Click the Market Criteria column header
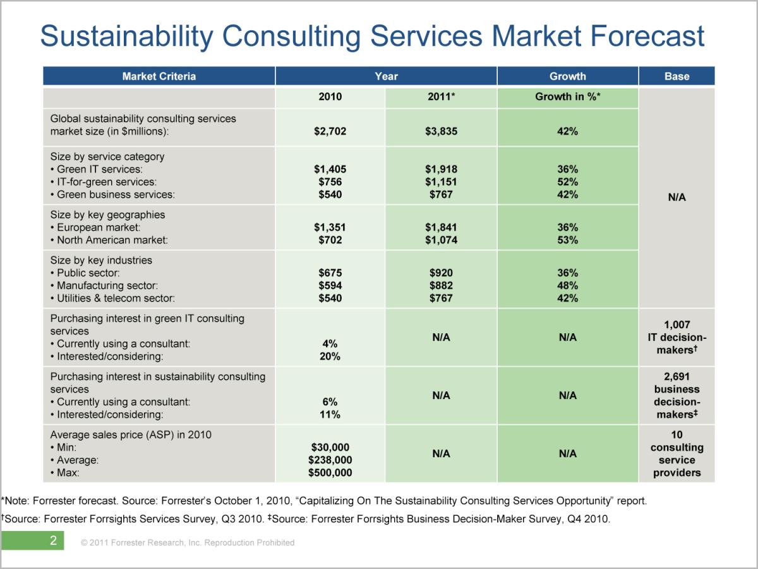tap(159, 76)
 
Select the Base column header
tap(677, 76)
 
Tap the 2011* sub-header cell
tap(441, 97)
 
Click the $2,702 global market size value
tap(330, 132)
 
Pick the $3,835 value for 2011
tap(441, 132)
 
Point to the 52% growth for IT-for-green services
tap(567, 182)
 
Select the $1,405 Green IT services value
tap(330, 169)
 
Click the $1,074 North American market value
tap(441, 240)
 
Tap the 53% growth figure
tap(567, 240)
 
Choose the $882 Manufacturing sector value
tap(441, 286)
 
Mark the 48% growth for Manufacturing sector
tap(567, 286)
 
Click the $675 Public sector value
tap(330, 273)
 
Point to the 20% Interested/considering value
tap(330, 357)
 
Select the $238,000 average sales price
tap(330, 460)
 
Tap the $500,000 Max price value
tap(330, 473)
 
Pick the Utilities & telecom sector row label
tap(116, 298)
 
